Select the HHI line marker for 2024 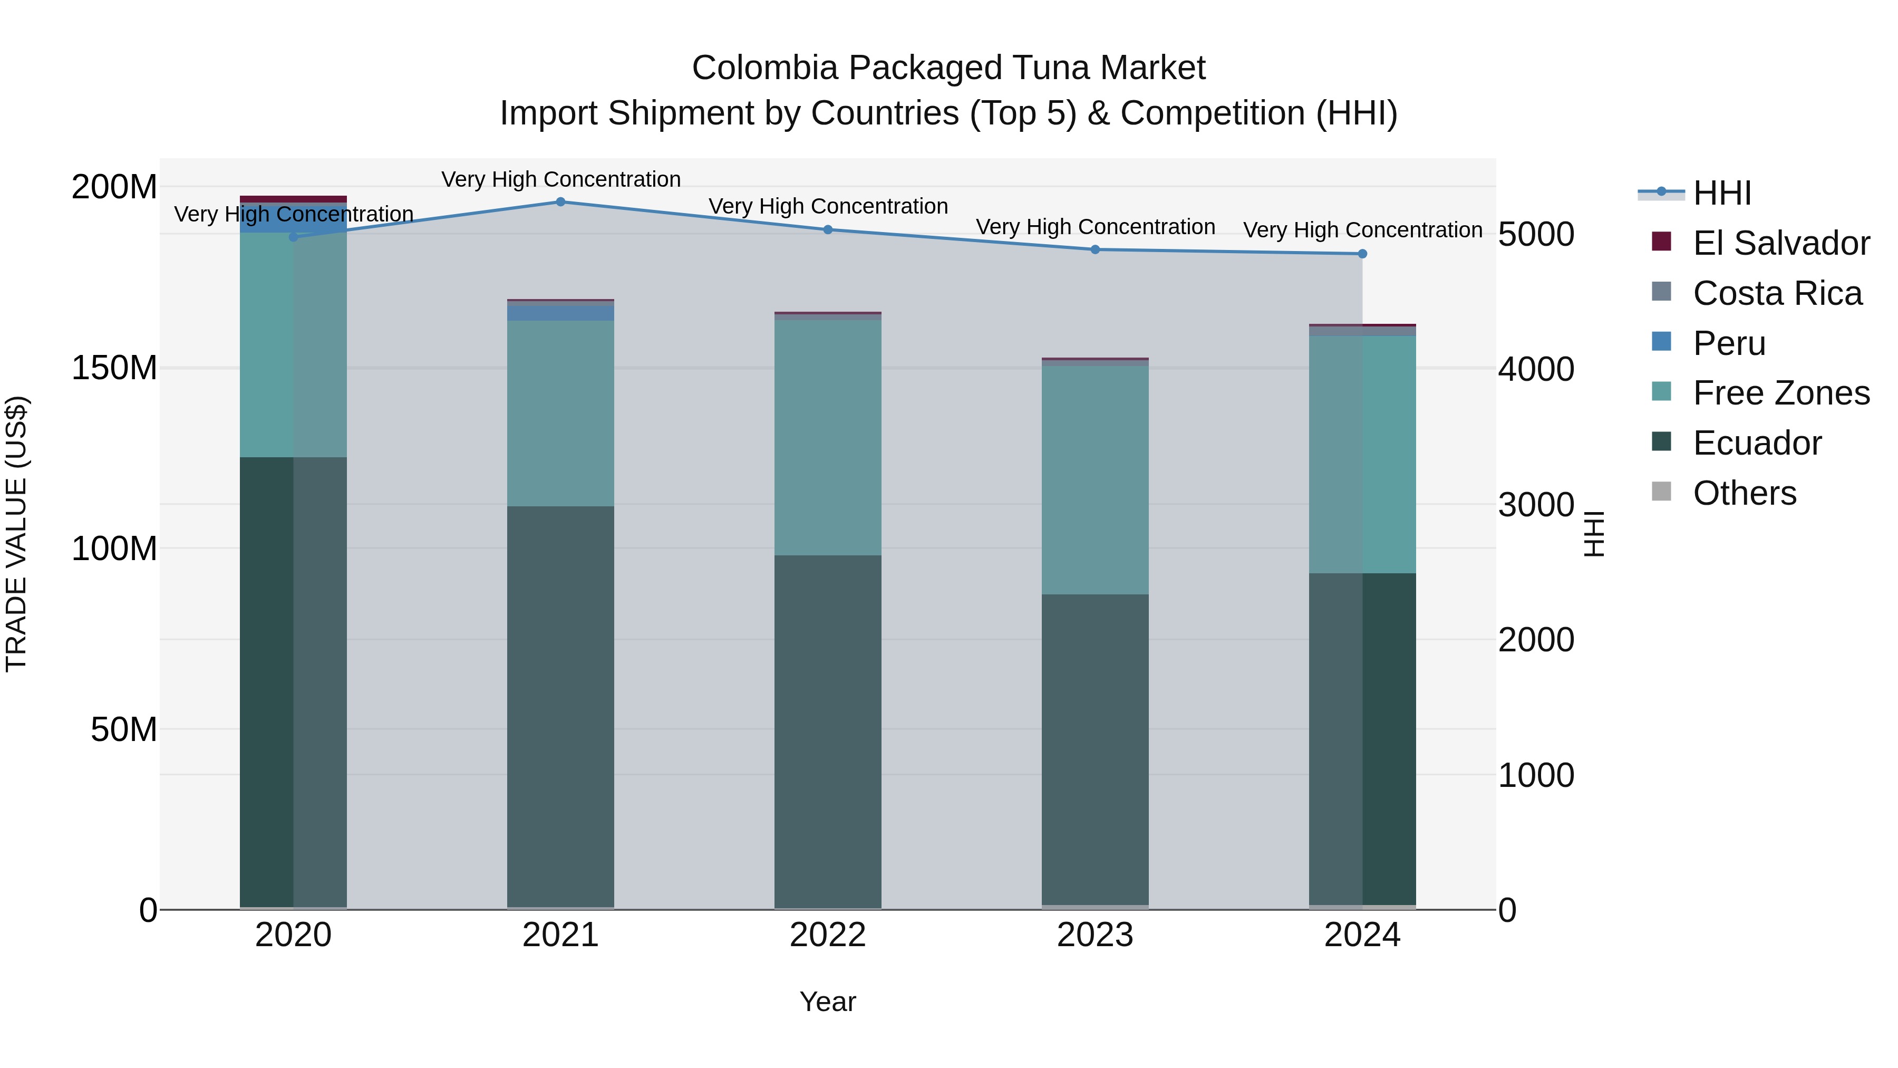[1362, 254]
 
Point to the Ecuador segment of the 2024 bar [1362, 737]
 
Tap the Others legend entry [1744, 493]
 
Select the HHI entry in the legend [1721, 193]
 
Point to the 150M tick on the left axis [114, 368]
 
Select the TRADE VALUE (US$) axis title [16, 534]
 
